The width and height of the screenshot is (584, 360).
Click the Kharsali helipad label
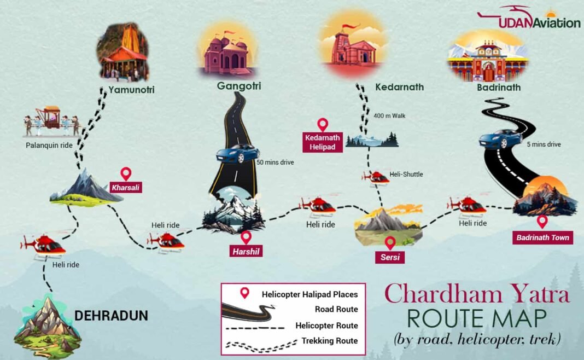[126, 187]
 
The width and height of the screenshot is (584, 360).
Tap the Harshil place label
[246, 251]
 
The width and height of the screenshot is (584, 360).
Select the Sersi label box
[389, 257]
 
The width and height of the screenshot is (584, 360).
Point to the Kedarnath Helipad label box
[323, 142]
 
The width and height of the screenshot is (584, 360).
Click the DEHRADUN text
[111, 316]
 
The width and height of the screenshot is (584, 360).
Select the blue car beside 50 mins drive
[237, 153]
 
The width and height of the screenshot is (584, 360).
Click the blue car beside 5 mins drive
[500, 138]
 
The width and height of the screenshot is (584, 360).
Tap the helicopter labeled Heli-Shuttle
[376, 177]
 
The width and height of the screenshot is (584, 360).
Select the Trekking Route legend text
[330, 340]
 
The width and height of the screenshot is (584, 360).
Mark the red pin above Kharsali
[126, 174]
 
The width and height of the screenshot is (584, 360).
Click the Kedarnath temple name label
[399, 87]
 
